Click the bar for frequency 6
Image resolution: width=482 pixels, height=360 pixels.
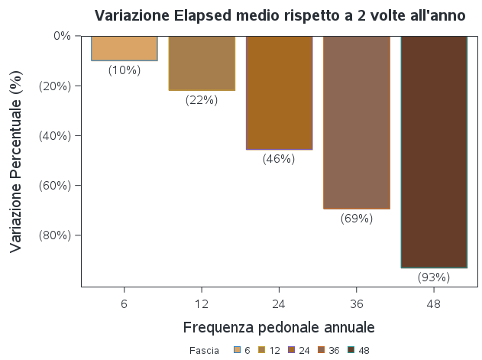pos(124,48)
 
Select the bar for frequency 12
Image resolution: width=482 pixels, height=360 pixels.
pos(202,63)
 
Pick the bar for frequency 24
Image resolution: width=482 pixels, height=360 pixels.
pos(279,92)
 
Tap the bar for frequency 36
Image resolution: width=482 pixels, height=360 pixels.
pos(357,122)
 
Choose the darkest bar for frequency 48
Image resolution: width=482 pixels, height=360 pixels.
pos(434,151)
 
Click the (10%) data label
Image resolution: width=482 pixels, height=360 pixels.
pos(124,70)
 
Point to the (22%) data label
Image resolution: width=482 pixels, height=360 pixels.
pos(202,100)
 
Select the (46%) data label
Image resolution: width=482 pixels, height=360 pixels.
pos(279,159)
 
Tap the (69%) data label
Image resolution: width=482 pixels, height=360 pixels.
pos(357,219)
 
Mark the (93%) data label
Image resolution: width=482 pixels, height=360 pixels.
pos(434,277)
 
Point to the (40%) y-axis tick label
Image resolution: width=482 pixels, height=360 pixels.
pos(55,135)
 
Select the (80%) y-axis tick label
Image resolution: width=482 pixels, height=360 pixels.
pos(55,235)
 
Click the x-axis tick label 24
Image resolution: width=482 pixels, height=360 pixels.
pos(279,303)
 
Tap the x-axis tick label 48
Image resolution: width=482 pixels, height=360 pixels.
pos(434,303)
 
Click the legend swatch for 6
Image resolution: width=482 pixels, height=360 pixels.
pos(238,350)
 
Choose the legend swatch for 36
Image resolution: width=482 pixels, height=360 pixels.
pos(322,350)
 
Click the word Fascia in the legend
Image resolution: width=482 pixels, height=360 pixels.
pos(204,350)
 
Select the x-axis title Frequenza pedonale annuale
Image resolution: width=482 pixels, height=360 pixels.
pos(279,328)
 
